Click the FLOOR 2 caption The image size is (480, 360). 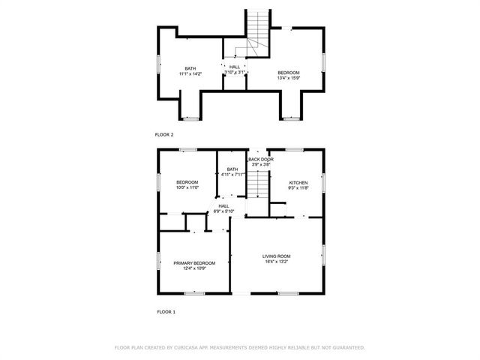[164, 134]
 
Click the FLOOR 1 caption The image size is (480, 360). [165, 310]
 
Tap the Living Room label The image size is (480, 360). [276, 256]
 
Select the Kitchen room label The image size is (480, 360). [299, 182]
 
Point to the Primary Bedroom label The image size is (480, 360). [194, 263]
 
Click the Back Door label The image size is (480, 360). [261, 159]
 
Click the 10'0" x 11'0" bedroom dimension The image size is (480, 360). [187, 188]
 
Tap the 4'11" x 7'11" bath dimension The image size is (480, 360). [234, 175]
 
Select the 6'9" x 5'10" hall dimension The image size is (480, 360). [224, 211]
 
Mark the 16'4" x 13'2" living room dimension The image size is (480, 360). [276, 262]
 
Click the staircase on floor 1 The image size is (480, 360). [258, 184]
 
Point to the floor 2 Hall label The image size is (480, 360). [235, 67]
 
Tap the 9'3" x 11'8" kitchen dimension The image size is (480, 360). [299, 188]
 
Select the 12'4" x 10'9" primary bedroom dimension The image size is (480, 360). [194, 269]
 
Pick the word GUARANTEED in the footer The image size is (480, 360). [346, 348]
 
